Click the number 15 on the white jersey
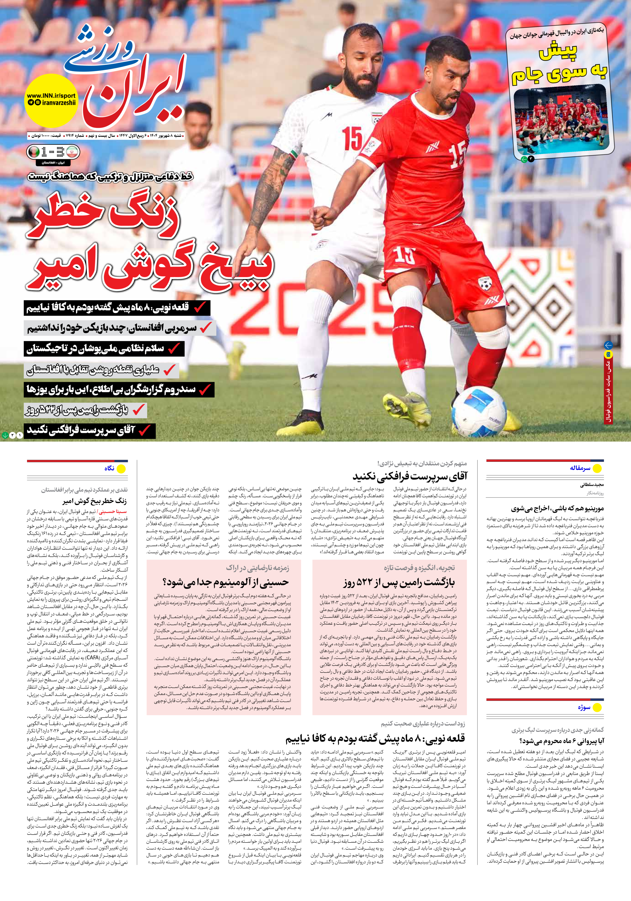[352, 139]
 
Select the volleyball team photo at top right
[561, 122]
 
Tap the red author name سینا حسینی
[113, 512]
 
